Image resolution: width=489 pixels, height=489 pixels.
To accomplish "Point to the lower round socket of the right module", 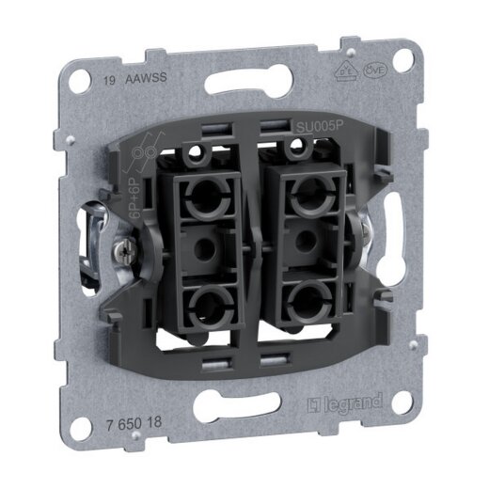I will click(301, 306).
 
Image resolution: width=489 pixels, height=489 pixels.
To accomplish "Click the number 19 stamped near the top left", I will click(103, 82).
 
